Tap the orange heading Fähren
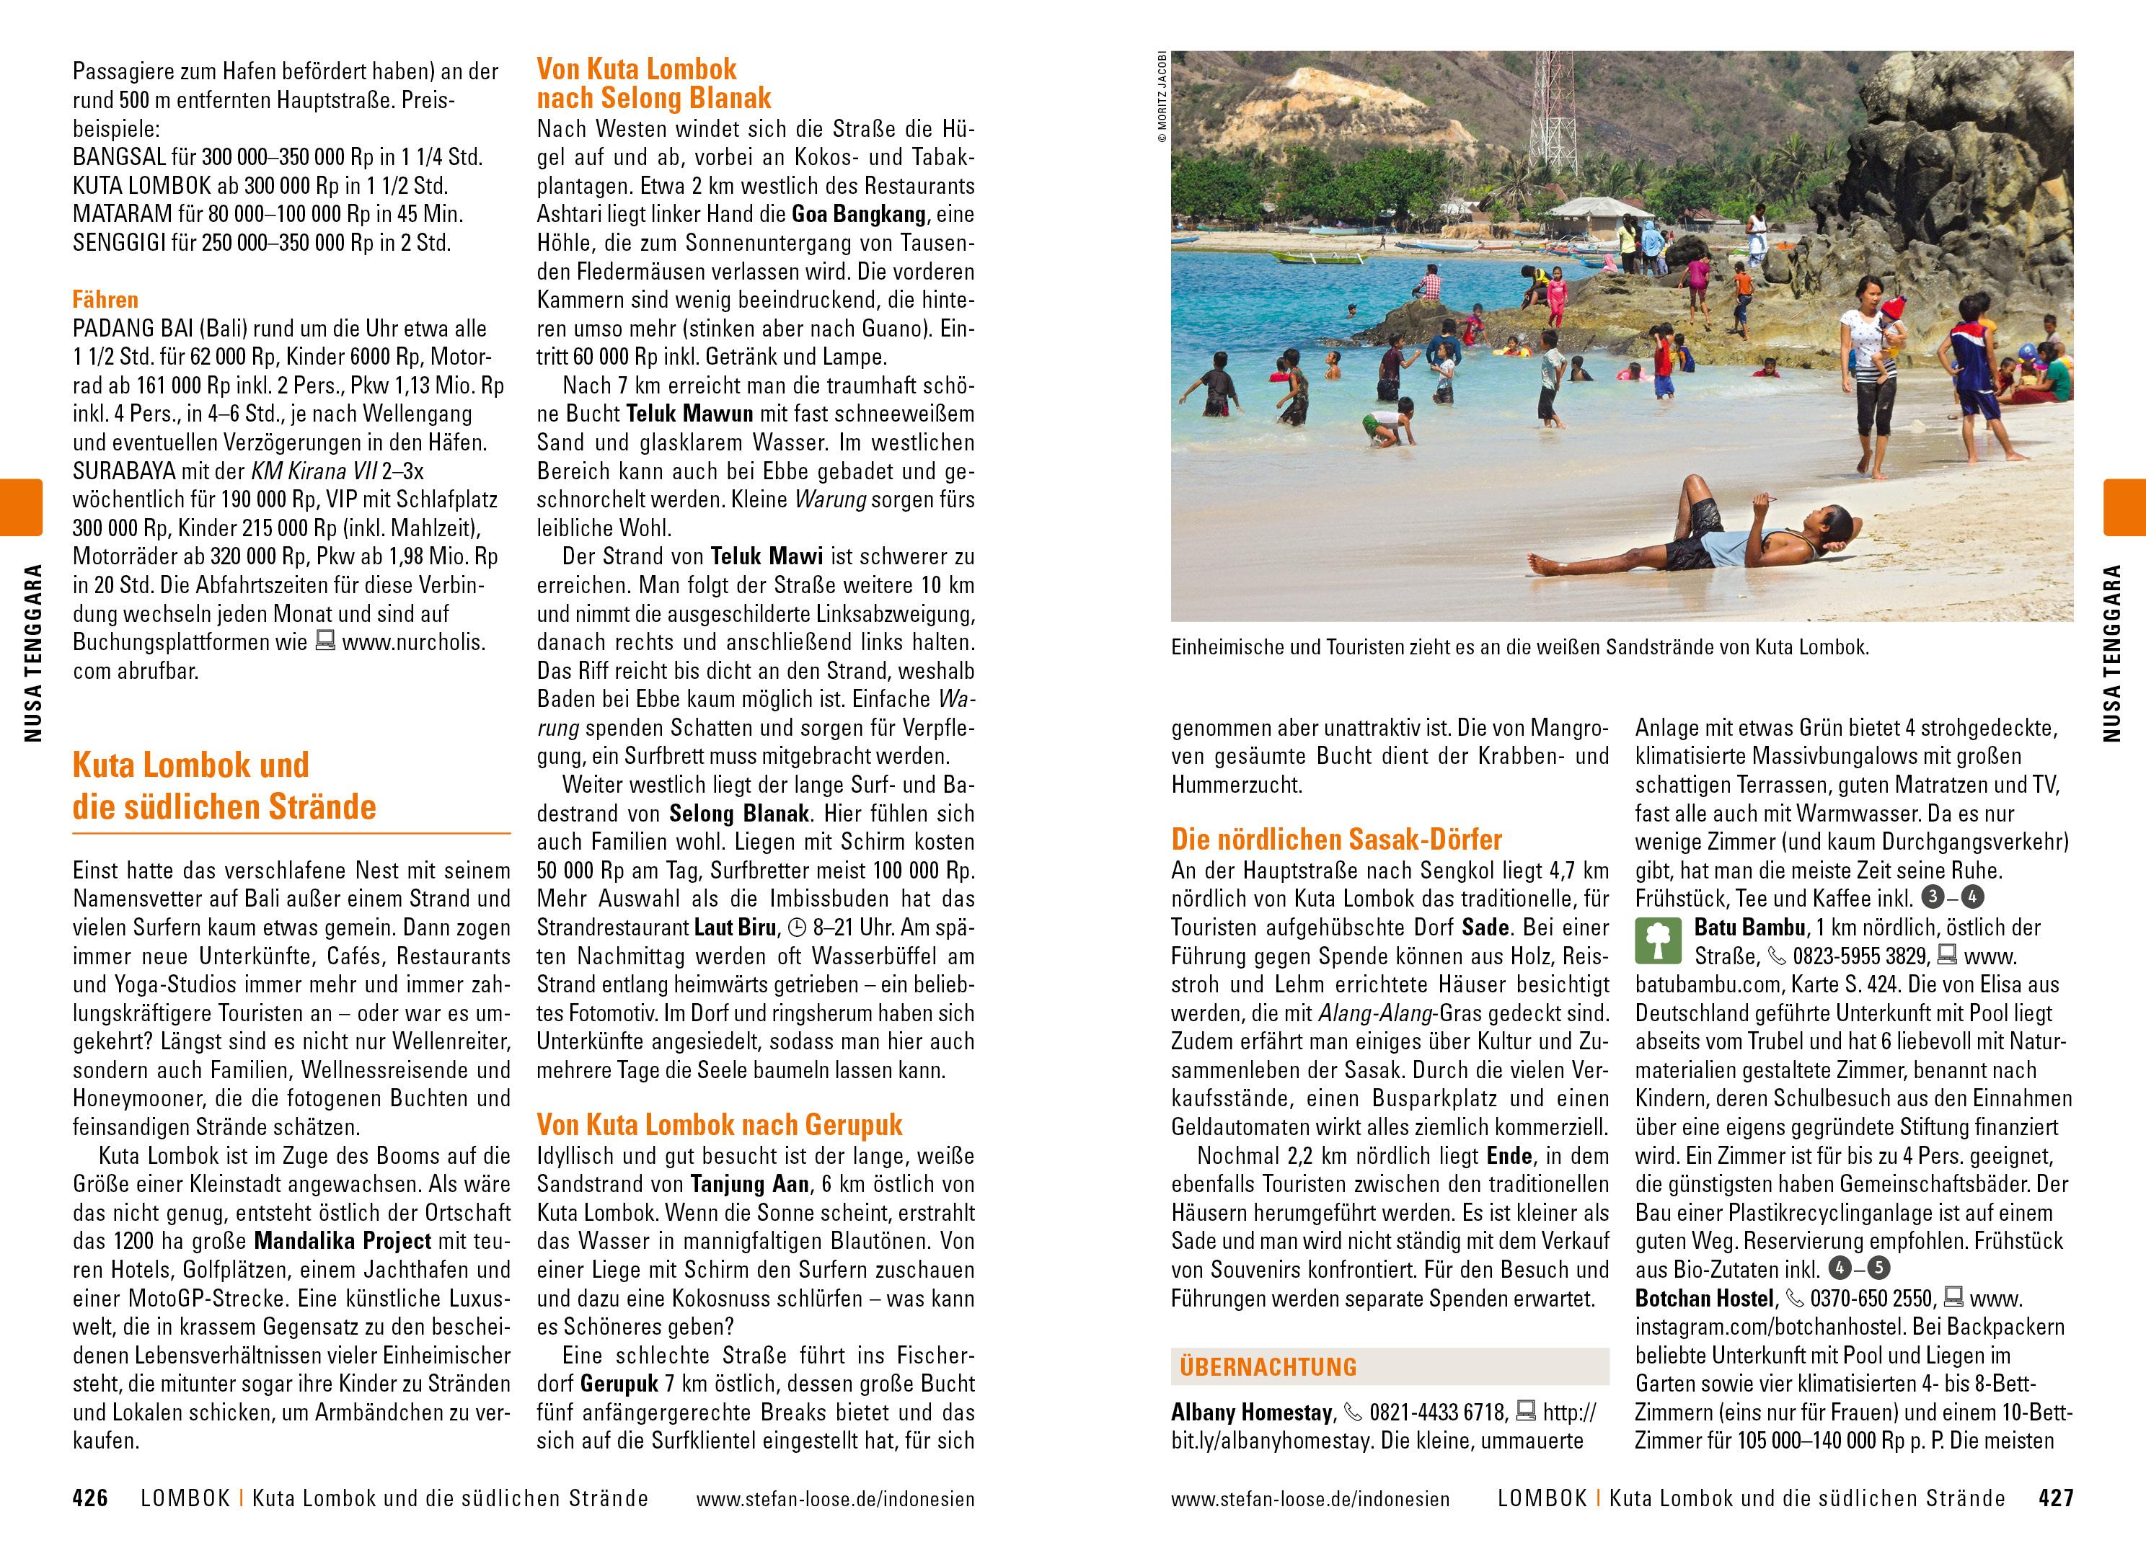point(105,300)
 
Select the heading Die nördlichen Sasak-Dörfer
point(1336,839)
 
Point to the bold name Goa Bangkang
point(858,214)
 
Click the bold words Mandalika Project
point(343,1241)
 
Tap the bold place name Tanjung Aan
point(749,1184)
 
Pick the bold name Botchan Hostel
point(1704,1298)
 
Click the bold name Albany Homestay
point(1252,1412)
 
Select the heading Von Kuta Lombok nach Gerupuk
point(719,1124)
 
